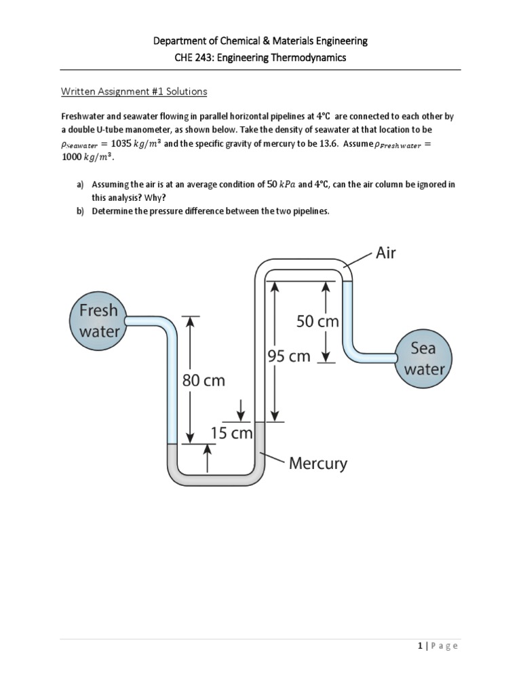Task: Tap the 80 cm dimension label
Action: pos(204,381)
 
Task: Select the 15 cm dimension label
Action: pos(232,433)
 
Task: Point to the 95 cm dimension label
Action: pos(288,356)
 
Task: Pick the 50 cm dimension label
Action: pos(317,321)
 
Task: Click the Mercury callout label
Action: pos(317,464)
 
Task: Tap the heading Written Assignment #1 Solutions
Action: pos(134,91)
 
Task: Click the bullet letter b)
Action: pos(79,211)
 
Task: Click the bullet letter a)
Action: pos(79,185)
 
